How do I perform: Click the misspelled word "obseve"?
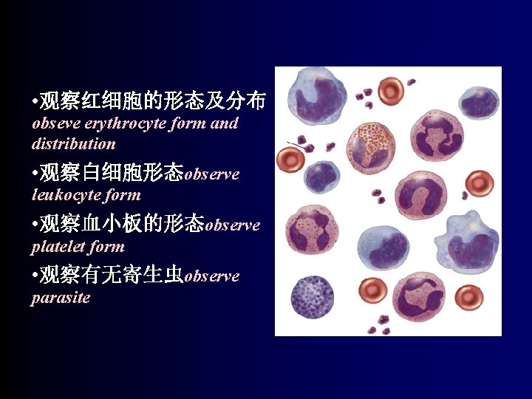(x=55, y=123)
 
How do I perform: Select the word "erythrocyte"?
(x=123, y=123)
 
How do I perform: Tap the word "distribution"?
(x=74, y=143)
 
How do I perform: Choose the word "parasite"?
(x=61, y=299)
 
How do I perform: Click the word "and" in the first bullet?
(x=224, y=123)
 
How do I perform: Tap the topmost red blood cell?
(x=390, y=91)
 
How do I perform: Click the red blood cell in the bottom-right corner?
(x=468, y=297)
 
